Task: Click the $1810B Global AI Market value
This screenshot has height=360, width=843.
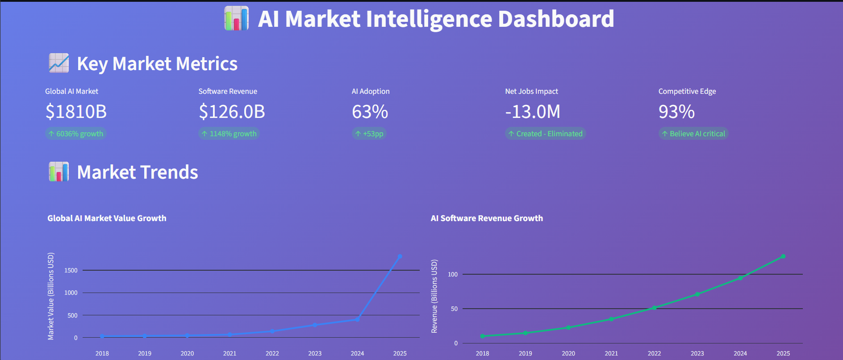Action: pos(76,112)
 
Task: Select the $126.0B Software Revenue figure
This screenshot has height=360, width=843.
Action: pos(232,112)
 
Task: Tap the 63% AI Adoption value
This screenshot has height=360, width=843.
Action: pos(370,112)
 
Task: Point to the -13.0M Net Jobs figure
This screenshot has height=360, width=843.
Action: pos(532,112)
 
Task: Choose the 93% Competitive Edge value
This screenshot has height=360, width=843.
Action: pos(676,112)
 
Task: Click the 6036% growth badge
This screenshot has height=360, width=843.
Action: pos(75,134)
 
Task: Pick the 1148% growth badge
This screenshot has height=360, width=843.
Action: pos(229,134)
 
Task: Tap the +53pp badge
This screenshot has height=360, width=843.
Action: pos(369,134)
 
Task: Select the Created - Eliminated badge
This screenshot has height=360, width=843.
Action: pos(545,134)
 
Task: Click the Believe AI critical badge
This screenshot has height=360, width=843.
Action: pos(693,134)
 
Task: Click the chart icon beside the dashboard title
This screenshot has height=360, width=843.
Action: pos(236,18)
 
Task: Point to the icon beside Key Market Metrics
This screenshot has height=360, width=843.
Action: pos(58,63)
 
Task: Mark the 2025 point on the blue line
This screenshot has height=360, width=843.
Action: pos(400,256)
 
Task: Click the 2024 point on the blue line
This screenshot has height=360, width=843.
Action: pos(357,319)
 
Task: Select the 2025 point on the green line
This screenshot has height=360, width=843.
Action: pos(783,256)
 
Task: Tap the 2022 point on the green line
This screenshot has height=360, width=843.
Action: pos(654,308)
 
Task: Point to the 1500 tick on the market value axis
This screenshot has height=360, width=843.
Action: pos(71,270)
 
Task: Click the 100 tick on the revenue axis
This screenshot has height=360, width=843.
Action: pos(453,274)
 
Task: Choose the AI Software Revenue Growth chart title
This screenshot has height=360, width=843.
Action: pos(487,218)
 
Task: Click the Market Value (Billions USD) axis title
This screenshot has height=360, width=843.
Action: pos(51,296)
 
